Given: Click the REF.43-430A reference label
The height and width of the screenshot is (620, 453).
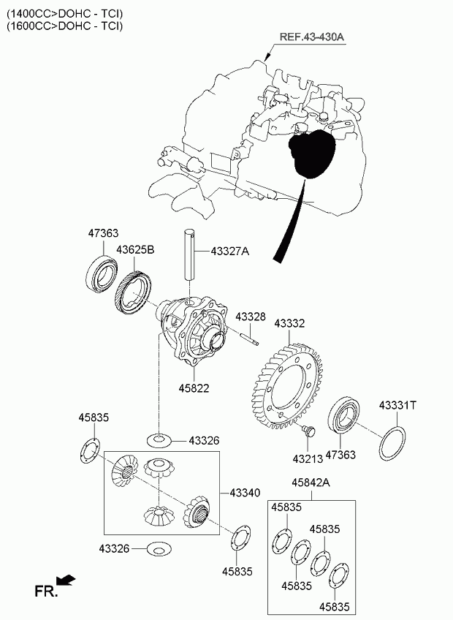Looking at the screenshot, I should (x=311, y=37).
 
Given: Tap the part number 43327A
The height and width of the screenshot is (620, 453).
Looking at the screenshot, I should (x=229, y=252).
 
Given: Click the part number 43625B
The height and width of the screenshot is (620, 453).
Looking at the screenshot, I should (x=136, y=249).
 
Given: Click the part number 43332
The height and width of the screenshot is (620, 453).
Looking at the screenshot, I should (x=289, y=322).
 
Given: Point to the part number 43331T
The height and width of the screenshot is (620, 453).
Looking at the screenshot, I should (x=397, y=404).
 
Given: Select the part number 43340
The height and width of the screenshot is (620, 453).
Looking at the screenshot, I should (x=245, y=493).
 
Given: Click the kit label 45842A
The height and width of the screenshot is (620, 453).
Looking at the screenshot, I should (x=311, y=483).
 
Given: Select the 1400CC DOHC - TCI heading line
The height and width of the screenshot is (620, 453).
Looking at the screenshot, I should (x=65, y=13).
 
